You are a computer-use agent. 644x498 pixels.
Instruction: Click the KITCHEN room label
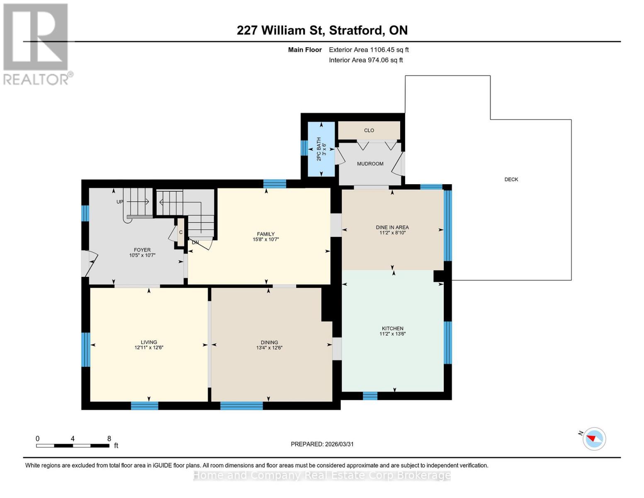392,328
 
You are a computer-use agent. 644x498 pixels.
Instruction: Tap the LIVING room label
149,342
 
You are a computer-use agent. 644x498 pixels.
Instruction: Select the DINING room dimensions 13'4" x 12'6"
269,348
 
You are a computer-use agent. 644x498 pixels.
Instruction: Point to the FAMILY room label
265,234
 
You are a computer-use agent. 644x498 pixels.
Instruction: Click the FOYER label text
142,250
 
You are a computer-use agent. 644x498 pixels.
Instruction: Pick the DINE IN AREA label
392,227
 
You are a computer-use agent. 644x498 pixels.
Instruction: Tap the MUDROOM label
370,164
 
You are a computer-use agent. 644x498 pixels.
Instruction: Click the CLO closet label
369,130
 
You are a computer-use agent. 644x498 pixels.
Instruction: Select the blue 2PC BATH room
321,149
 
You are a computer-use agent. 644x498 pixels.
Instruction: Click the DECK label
511,179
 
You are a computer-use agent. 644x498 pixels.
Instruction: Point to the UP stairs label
120,202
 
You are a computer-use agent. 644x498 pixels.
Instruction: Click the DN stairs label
195,242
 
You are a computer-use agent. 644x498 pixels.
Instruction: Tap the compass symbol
594,439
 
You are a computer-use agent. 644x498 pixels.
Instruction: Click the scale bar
73,446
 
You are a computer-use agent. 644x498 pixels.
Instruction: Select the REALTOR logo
36,44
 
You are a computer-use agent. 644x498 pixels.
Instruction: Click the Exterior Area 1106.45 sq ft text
369,50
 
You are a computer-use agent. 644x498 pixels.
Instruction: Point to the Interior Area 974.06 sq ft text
366,60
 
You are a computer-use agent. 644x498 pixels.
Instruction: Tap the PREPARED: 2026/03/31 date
322,444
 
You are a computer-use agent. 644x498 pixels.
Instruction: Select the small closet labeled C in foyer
181,232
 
